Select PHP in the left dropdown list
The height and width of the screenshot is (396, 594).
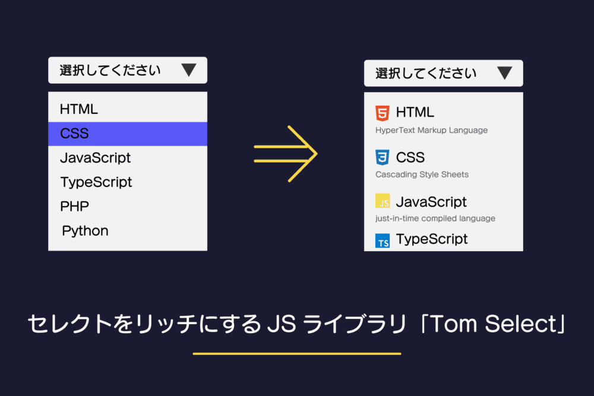74,207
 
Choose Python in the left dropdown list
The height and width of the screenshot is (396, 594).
85,231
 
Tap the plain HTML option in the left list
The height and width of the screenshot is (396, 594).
78,109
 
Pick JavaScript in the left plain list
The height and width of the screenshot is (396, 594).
95,158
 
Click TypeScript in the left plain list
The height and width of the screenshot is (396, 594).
96,182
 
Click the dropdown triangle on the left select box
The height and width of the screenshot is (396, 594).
188,70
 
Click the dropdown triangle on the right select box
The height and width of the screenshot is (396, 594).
504,74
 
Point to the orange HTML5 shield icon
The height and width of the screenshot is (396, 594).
383,112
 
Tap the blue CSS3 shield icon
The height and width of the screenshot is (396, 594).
383,157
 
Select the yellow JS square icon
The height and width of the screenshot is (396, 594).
383,201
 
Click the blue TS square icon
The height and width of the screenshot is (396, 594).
383,241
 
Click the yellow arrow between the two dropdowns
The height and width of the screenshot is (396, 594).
286,154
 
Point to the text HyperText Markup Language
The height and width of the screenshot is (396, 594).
431,130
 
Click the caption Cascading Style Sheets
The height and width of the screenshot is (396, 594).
422,175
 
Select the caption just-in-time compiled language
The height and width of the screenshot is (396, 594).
435,218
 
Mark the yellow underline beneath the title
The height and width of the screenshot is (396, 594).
297,354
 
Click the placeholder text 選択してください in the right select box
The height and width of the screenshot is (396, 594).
425,74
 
